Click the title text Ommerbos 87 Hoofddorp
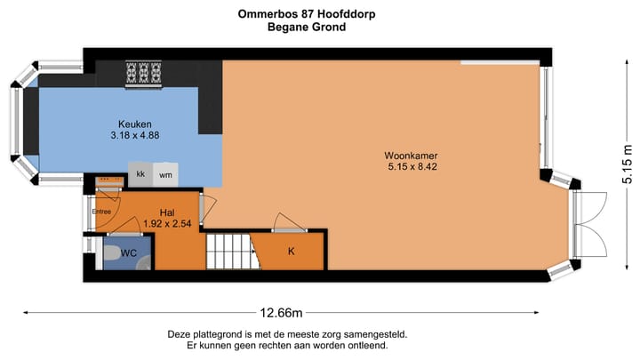click(292, 14)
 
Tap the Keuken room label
click(135, 124)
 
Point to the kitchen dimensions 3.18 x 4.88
click(135, 136)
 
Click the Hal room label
click(166, 212)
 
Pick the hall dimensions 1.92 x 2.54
click(166, 223)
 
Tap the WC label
click(129, 252)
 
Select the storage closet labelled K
click(291, 252)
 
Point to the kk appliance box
click(140, 174)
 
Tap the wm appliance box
click(165, 174)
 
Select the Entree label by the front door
click(101, 212)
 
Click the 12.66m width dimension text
click(282, 312)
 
